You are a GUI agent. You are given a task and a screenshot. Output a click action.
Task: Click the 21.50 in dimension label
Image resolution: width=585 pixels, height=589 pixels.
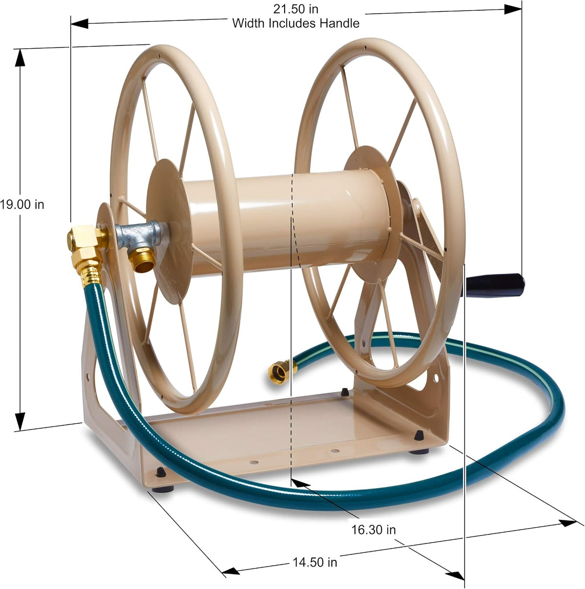click(295, 9)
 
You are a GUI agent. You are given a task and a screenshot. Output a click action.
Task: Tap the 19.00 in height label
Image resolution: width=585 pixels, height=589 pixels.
click(22, 205)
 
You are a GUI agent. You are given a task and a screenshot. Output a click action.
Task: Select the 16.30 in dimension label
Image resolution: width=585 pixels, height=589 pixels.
click(373, 530)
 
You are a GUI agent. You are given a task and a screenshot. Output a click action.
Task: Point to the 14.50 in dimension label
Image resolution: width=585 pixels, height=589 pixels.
click(315, 562)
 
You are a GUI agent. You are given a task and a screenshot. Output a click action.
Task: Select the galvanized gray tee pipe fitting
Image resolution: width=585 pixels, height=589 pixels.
click(141, 235)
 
